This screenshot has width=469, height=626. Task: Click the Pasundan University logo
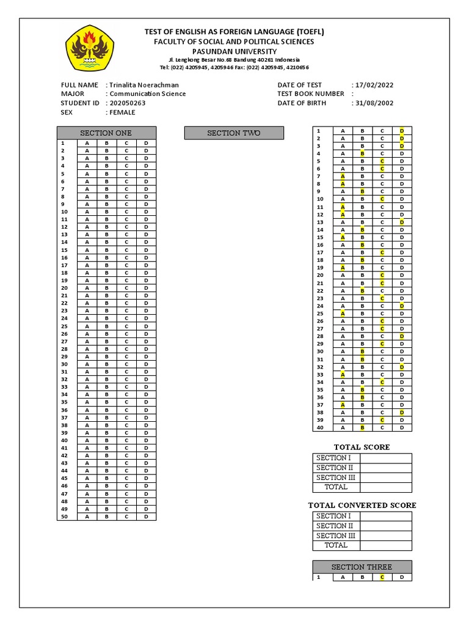coord(90,46)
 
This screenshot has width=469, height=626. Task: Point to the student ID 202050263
coord(128,103)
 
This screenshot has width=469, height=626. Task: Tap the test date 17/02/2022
coord(374,84)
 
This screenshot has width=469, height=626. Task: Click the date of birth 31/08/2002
coord(374,103)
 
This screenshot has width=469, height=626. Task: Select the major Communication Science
coord(147,94)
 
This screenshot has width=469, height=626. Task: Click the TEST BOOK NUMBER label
coord(311,94)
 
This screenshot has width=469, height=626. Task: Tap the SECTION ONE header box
coord(106,133)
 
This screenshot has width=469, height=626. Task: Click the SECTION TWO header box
coord(234,133)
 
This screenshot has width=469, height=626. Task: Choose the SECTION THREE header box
coord(362,567)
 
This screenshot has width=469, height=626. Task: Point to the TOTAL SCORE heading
coord(362,447)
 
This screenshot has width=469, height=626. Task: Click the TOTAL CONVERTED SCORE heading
coord(362,505)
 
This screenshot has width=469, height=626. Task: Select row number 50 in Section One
coord(64,517)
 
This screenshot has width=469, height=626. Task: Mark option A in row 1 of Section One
coord(87,143)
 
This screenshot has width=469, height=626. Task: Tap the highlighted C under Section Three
coord(382,577)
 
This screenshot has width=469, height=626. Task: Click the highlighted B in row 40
coord(362,427)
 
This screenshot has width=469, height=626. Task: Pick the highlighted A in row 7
coord(343,176)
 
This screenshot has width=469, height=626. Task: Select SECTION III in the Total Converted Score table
coord(336,536)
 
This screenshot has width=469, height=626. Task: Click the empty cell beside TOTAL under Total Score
coord(386,487)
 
